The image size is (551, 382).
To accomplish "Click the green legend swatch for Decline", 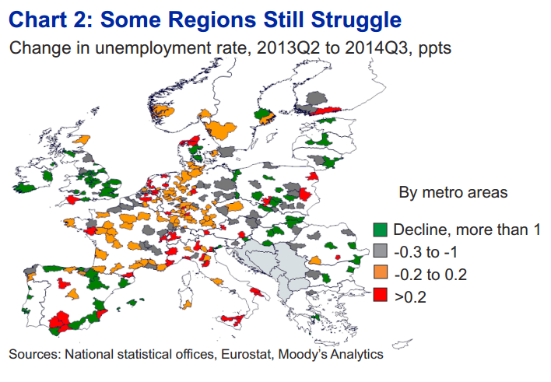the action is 381,230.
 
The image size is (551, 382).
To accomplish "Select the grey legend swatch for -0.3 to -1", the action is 381,251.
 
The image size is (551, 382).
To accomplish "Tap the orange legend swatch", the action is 381,273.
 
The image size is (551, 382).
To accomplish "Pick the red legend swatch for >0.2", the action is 381,295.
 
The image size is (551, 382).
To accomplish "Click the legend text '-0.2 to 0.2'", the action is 430,275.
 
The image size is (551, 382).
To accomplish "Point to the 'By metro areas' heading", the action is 453,192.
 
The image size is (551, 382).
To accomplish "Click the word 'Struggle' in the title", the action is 356,19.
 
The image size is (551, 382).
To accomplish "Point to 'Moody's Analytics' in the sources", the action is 330,354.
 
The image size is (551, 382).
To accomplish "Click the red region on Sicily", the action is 233,320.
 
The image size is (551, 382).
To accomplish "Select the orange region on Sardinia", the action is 187,304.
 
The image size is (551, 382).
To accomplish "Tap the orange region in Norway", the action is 162,112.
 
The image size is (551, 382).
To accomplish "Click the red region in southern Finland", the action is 327,110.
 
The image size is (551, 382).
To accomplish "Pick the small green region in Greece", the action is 316,318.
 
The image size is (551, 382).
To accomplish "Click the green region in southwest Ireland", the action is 24,187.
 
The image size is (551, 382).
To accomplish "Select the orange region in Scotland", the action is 82,140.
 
